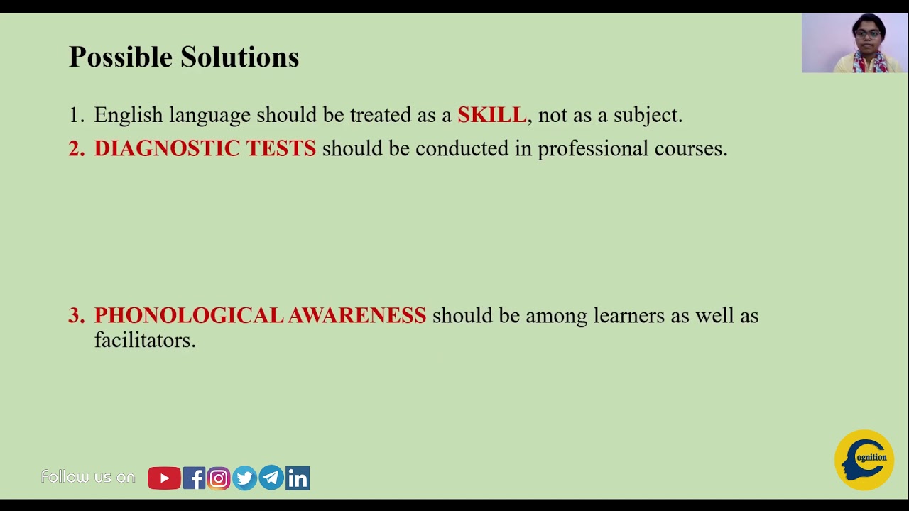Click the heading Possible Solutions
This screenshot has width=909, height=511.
pyautogui.click(x=184, y=57)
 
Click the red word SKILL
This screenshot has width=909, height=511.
pyautogui.click(x=491, y=115)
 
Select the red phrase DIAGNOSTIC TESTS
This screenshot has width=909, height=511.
pyautogui.click(x=205, y=148)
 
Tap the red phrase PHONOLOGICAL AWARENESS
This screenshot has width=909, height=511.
pyautogui.click(x=260, y=315)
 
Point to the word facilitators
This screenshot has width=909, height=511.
pyautogui.click(x=145, y=341)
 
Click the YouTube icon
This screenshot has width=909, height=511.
pyautogui.click(x=164, y=478)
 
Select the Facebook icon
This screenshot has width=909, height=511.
pyautogui.click(x=194, y=478)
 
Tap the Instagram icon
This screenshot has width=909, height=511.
pyautogui.click(x=219, y=478)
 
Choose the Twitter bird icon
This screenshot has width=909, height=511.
pyautogui.click(x=244, y=478)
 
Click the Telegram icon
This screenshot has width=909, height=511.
pyautogui.click(x=271, y=478)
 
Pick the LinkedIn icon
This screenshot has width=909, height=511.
pyautogui.click(x=298, y=478)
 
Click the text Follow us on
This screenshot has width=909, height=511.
pyautogui.click(x=88, y=477)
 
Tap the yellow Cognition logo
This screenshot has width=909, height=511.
pyautogui.click(x=864, y=460)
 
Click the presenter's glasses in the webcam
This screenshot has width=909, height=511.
pyautogui.click(x=867, y=33)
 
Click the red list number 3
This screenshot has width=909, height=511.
pyautogui.click(x=76, y=316)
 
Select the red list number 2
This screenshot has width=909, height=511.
pyautogui.click(x=76, y=148)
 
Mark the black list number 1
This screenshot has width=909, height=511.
pyautogui.click(x=75, y=115)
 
